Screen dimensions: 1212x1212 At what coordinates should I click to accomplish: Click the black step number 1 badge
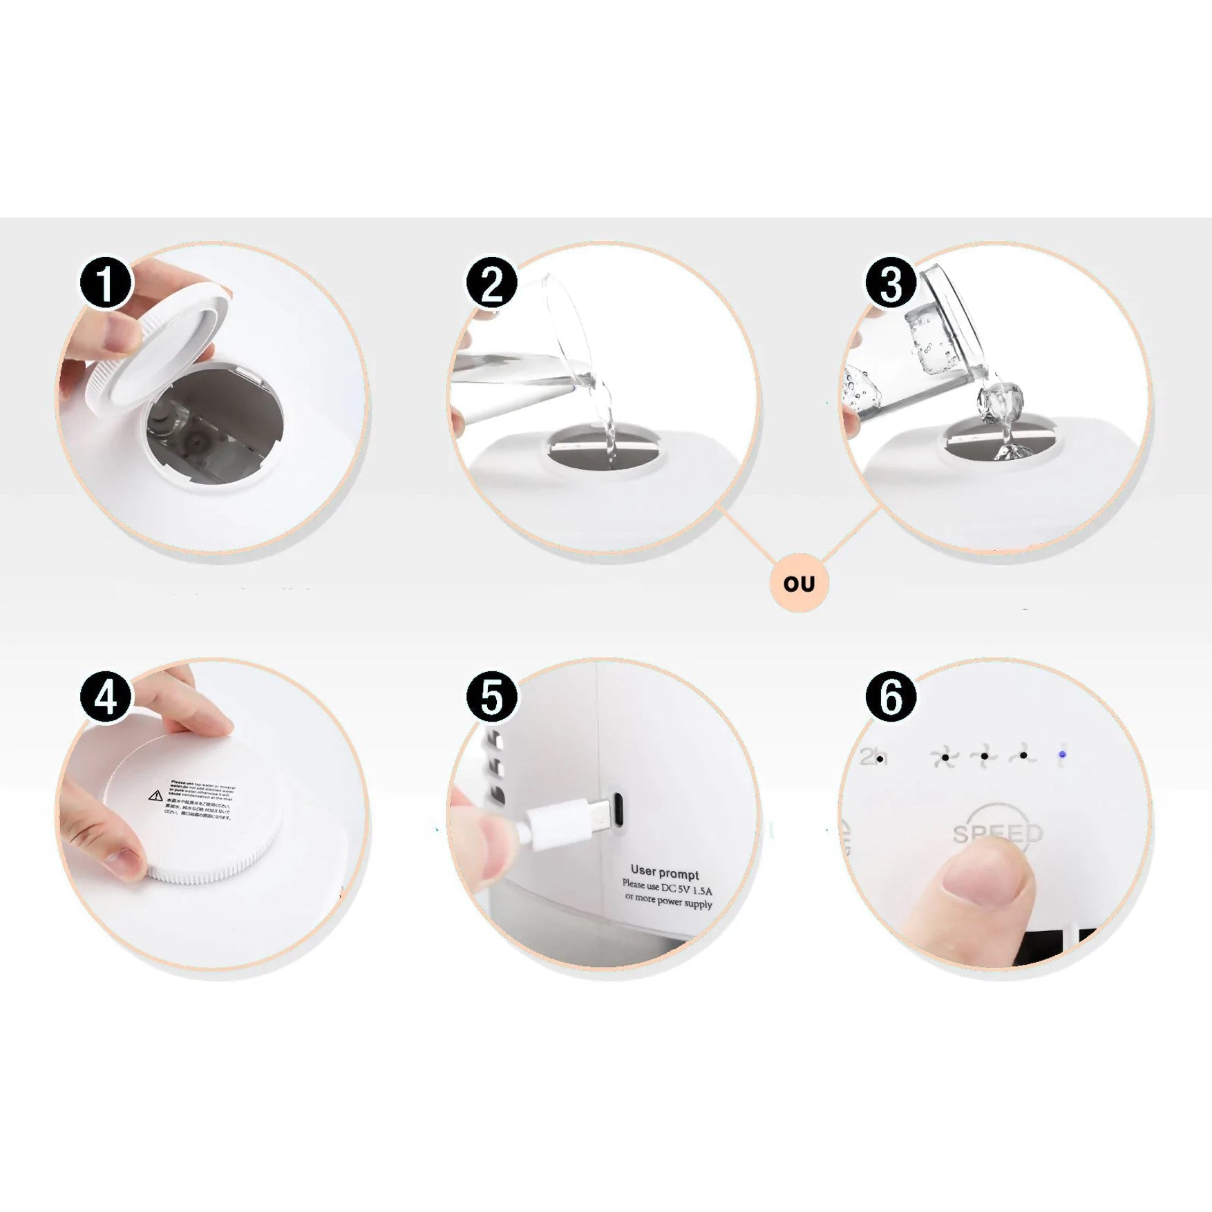pyautogui.click(x=106, y=284)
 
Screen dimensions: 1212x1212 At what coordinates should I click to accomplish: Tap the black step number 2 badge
pyautogui.click(x=491, y=284)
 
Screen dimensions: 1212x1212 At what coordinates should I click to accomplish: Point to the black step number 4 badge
pyautogui.click(x=106, y=697)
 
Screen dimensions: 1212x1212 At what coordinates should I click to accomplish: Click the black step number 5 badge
pyautogui.click(x=491, y=697)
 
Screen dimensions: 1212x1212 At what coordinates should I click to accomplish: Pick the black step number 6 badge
pyautogui.click(x=891, y=697)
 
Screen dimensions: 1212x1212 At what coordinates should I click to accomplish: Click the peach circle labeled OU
pyautogui.click(x=799, y=584)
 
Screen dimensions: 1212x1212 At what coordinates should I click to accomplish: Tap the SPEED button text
pyautogui.click(x=997, y=834)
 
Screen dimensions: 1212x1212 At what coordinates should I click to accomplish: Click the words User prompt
pyautogui.click(x=664, y=873)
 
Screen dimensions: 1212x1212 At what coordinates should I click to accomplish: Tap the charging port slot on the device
pyautogui.click(x=619, y=809)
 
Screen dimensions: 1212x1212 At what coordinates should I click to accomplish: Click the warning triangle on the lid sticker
pyautogui.click(x=156, y=796)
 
